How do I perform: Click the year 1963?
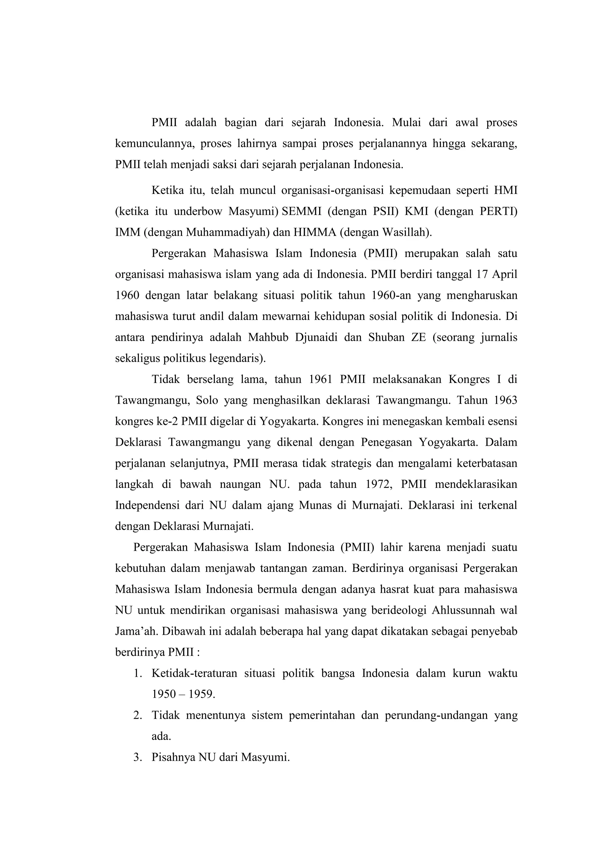503,401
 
